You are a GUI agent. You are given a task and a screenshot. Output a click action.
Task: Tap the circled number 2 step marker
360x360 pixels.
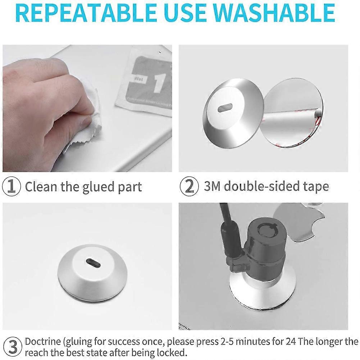(x=189, y=187)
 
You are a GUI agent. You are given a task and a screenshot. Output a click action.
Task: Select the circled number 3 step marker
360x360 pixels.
(x=13, y=347)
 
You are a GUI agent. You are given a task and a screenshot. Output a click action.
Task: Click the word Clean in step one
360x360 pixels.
(x=41, y=187)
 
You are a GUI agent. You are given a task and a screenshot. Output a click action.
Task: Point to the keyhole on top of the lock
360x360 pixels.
(x=267, y=229)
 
